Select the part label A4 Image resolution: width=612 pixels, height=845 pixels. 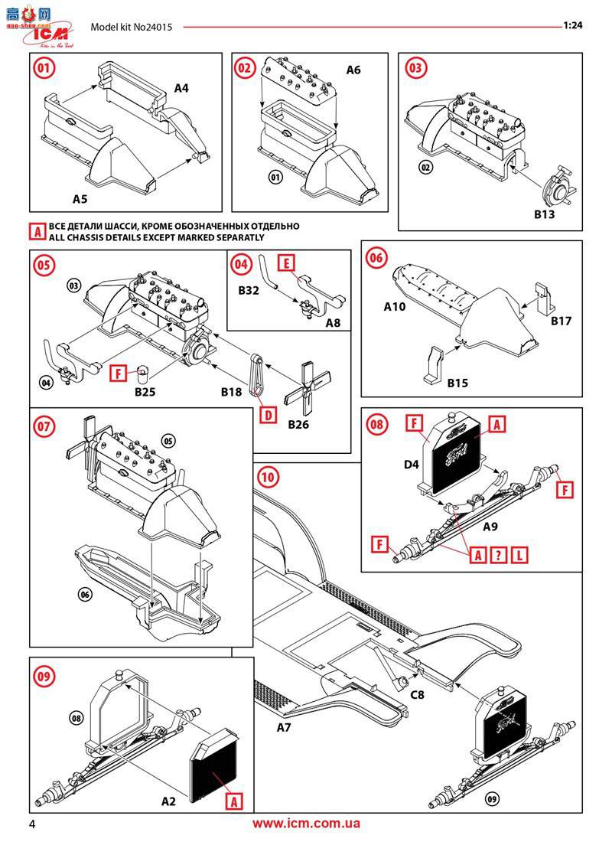click(181, 88)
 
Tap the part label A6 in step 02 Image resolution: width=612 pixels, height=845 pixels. click(353, 70)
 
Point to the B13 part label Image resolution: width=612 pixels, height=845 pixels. click(544, 214)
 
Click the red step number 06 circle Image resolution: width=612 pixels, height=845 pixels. click(376, 258)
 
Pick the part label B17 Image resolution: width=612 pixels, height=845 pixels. click(562, 321)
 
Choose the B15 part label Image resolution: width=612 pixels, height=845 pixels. click(458, 382)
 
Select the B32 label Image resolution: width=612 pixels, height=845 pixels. click(249, 291)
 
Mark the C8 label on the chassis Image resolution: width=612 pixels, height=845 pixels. click(418, 695)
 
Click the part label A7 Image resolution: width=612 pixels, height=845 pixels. click(284, 726)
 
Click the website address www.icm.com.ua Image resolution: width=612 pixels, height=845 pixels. click(306, 824)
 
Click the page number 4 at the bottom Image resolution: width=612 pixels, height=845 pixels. click(32, 824)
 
